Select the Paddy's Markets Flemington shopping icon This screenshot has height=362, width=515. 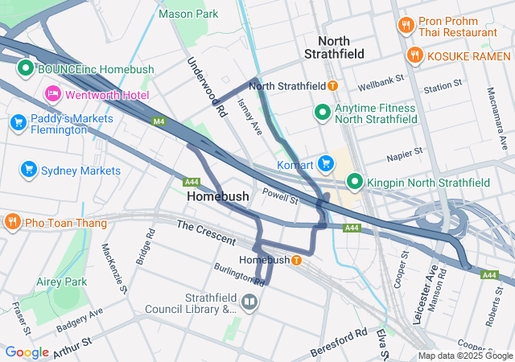[18, 122]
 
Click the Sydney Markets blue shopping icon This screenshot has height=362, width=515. [29, 170]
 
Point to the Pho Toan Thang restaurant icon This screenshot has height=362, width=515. [12, 221]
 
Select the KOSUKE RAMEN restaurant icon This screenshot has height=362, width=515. [414, 56]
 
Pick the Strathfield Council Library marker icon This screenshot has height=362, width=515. [249, 302]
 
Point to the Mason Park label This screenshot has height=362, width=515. [188, 14]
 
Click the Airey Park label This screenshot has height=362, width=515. [61, 282]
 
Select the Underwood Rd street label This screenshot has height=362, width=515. [207, 88]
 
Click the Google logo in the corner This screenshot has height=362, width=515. [27, 352]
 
